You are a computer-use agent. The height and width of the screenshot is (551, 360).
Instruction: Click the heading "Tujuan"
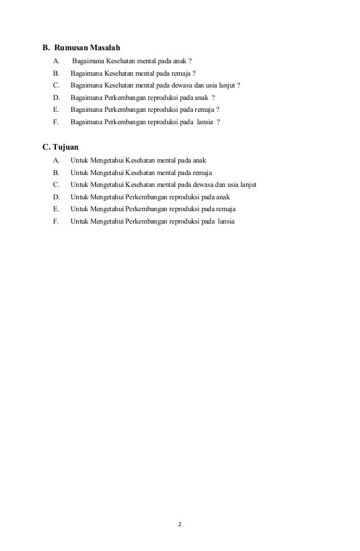pyautogui.click(x=65, y=148)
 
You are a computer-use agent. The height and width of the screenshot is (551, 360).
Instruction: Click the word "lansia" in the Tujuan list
pyautogui.click(x=226, y=221)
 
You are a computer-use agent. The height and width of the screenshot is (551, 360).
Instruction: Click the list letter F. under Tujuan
pyautogui.click(x=56, y=221)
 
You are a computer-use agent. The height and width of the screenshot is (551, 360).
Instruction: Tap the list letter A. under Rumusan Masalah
pyautogui.click(x=56, y=61)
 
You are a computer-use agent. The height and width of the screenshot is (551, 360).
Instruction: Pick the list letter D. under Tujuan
pyautogui.click(x=56, y=197)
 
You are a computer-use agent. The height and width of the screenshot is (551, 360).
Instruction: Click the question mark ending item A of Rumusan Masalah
pyautogui.click(x=190, y=61)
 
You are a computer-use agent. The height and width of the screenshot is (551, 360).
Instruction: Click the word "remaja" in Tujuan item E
pyautogui.click(x=226, y=209)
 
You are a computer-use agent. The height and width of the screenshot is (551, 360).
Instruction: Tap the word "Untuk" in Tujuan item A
pyautogui.click(x=79, y=160)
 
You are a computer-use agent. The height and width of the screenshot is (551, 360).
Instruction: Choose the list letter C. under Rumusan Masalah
pyautogui.click(x=56, y=85)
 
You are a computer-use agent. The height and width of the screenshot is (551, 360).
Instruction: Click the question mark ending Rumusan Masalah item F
pyautogui.click(x=218, y=122)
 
